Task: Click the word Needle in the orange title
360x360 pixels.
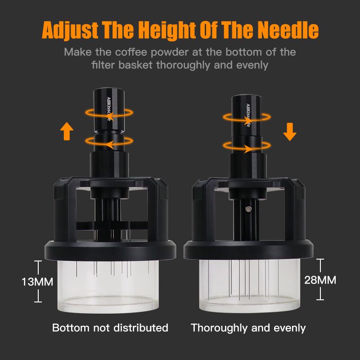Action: click(x=288, y=30)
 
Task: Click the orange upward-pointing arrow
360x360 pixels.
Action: click(x=67, y=131)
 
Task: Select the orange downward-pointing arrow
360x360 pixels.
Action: click(x=290, y=132)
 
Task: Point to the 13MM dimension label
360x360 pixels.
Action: click(x=37, y=282)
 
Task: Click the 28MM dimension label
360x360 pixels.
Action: click(x=320, y=280)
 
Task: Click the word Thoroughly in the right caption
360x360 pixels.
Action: click(x=219, y=328)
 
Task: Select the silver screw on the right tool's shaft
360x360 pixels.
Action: click(x=248, y=209)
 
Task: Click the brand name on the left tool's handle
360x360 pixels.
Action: click(x=109, y=109)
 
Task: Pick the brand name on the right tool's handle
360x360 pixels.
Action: click(x=248, y=115)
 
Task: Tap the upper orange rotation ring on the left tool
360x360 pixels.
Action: click(x=109, y=113)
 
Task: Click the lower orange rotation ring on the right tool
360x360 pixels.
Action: click(x=247, y=146)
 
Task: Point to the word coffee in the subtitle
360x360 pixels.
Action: click(x=131, y=52)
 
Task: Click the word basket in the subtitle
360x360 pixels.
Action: click(x=135, y=65)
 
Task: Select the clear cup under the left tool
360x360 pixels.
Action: click(x=108, y=287)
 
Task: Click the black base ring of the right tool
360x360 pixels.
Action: click(x=249, y=250)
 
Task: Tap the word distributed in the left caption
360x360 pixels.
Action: click(x=141, y=328)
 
